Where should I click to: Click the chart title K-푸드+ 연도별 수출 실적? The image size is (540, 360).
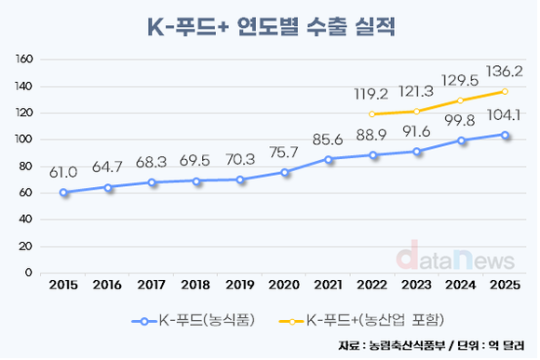point(271,27)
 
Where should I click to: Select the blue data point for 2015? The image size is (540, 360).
point(63,193)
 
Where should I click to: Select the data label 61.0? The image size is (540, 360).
point(63,172)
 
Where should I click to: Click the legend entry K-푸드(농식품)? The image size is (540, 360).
point(199,321)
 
